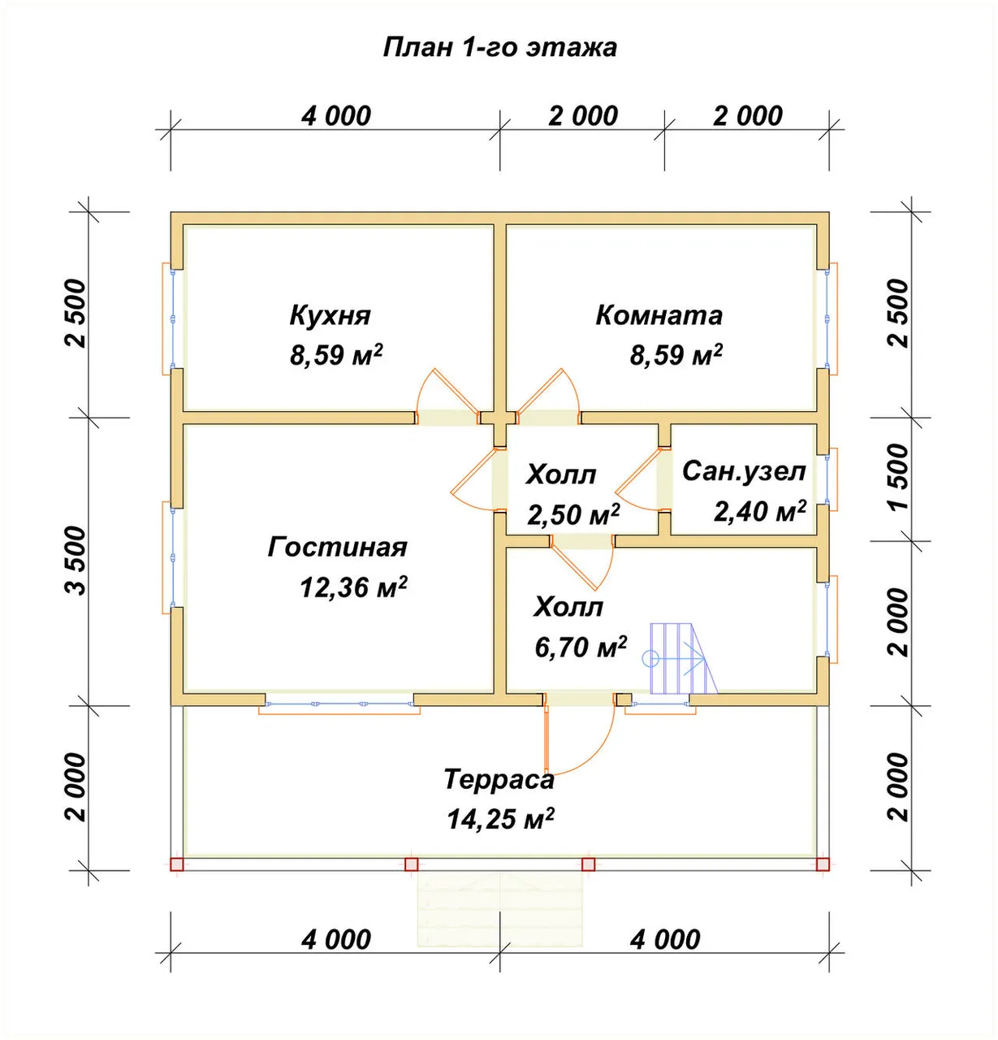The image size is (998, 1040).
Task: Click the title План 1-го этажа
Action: pos(499,48)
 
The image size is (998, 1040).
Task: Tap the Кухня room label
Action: pos(330,314)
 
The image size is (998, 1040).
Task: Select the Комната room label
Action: pos(659,314)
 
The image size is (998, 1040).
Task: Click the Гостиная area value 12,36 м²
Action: pos(353,587)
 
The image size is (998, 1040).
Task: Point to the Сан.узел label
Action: pos(744,471)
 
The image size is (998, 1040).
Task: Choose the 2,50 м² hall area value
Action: pos(573,514)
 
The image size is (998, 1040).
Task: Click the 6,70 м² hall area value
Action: pos(581,647)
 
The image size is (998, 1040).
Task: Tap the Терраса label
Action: pos(499,778)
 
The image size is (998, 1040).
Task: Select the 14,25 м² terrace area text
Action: pos(500,819)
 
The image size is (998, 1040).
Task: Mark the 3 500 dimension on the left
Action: pos(76,561)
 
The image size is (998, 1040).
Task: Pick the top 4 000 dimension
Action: pos(335,116)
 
